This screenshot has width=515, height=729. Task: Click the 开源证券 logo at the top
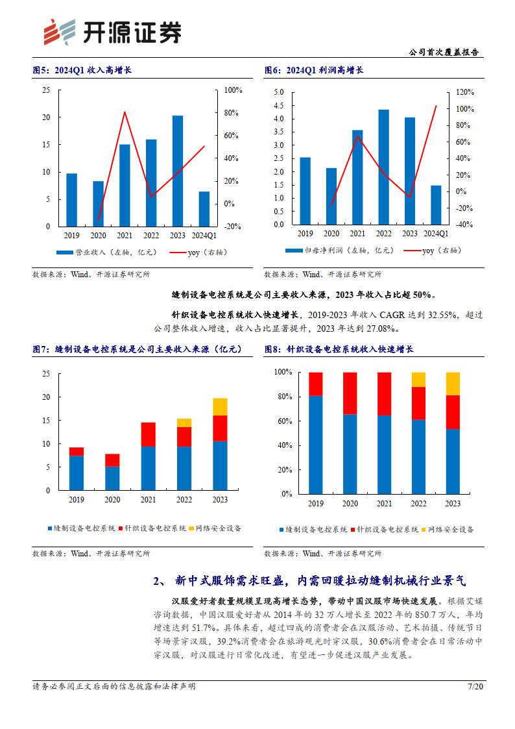coord(111,31)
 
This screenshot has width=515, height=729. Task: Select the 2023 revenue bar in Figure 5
coord(177,171)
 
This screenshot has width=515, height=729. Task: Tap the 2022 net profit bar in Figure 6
coord(383,167)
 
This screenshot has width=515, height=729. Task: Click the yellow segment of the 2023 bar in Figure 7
coord(221,406)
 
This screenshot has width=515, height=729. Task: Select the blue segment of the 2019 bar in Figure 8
coord(316,444)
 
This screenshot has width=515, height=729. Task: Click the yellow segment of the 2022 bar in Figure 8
coord(419,379)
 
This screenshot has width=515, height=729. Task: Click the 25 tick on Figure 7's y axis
coord(45,374)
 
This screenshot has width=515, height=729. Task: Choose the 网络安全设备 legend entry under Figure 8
coord(449,529)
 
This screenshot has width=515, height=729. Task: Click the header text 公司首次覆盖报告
coord(446,53)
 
